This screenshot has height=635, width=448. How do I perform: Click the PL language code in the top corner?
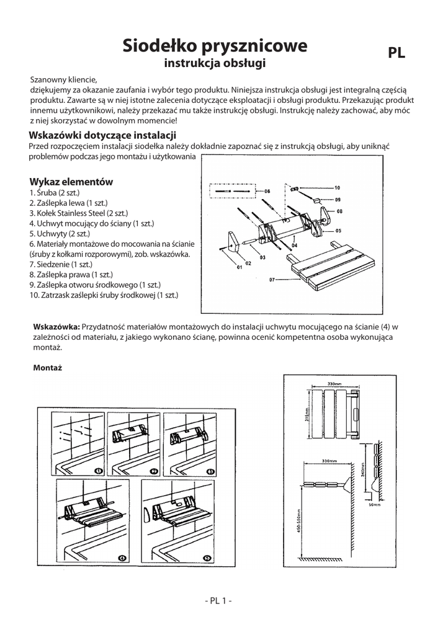coord(396,53)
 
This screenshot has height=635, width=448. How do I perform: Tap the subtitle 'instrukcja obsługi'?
coord(214,63)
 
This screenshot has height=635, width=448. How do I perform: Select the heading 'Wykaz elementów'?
coord(71,182)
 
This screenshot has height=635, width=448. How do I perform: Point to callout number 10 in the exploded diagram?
coord(338,187)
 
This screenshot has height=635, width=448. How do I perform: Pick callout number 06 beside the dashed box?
coord(267,192)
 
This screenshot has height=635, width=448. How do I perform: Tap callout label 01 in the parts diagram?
coord(240,267)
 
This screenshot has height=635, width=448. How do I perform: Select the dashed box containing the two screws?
coord(233,192)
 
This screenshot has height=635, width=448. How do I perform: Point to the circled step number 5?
coord(208,558)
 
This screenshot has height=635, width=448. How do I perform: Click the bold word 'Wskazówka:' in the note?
coord(56,327)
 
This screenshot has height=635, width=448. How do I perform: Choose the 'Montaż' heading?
coord(45,368)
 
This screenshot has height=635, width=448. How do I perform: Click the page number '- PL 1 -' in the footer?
coord(218,600)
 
